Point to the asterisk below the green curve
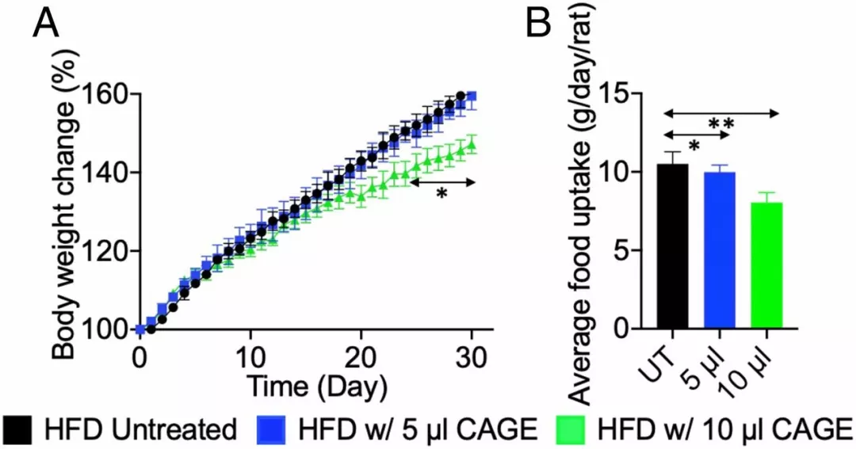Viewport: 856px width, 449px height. point(442,195)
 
